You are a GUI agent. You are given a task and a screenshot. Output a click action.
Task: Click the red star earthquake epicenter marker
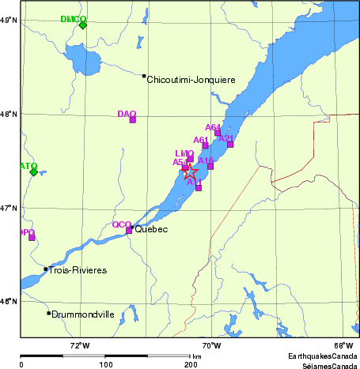coord(191,172)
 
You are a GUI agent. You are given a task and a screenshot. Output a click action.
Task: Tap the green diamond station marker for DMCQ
coord(83,24)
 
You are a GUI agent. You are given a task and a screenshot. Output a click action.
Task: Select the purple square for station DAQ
coord(133,119)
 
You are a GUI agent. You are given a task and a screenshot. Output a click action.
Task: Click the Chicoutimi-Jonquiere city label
coord(191,79)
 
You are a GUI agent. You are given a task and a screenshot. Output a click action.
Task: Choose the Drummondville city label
coord(83,314)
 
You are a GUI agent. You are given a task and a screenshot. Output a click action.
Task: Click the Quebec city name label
coord(152,230)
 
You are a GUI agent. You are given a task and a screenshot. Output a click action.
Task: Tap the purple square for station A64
coord(218,133)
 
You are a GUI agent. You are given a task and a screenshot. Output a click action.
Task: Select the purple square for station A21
coord(230,144)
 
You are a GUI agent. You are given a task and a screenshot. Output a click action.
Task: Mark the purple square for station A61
coord(206,145)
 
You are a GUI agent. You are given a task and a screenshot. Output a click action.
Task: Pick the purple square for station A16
coord(210,166)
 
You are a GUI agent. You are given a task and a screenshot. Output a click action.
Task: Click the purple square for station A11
coord(199,188)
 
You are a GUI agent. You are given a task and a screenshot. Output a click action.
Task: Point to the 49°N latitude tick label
coord(9,21)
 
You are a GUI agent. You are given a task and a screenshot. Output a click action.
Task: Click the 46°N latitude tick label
coord(9,302)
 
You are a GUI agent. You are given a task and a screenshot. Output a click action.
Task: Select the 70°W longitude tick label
coord(210,345)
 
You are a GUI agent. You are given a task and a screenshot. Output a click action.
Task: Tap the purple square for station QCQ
coord(129,231)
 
